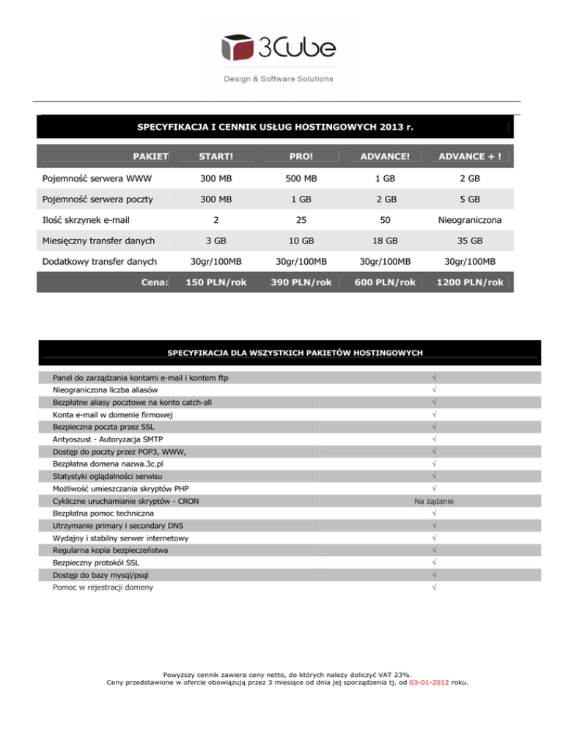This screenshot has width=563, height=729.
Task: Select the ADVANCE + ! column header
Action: tap(469, 155)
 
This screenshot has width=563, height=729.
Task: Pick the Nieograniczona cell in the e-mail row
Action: tap(469, 219)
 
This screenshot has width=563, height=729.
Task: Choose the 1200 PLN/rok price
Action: tap(469, 282)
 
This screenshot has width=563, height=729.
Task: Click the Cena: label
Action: tap(155, 282)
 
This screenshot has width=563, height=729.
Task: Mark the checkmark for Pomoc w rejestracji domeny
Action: tap(435, 587)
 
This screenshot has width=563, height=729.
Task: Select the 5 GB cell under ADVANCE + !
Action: tap(469, 198)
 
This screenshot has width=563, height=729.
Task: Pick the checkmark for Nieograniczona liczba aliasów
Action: tap(435, 389)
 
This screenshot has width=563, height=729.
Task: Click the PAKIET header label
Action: tap(151, 155)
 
